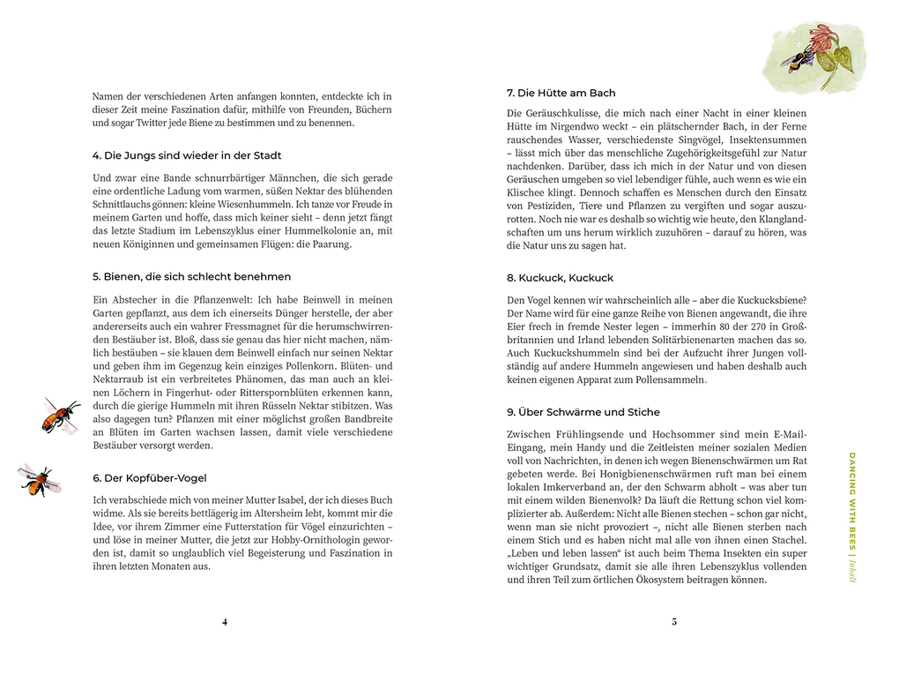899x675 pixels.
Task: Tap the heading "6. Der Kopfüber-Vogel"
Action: (x=149, y=478)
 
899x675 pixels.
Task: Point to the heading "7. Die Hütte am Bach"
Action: (x=561, y=93)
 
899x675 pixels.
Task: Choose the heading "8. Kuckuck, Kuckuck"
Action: (x=559, y=277)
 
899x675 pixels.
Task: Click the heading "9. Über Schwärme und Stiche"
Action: (x=583, y=412)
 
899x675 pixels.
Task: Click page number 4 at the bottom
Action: (x=225, y=621)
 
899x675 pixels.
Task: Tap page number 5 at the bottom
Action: (x=674, y=621)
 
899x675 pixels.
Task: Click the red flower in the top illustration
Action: (x=824, y=39)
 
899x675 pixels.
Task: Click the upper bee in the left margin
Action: (x=60, y=415)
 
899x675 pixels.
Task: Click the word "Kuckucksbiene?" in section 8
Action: (x=768, y=299)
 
